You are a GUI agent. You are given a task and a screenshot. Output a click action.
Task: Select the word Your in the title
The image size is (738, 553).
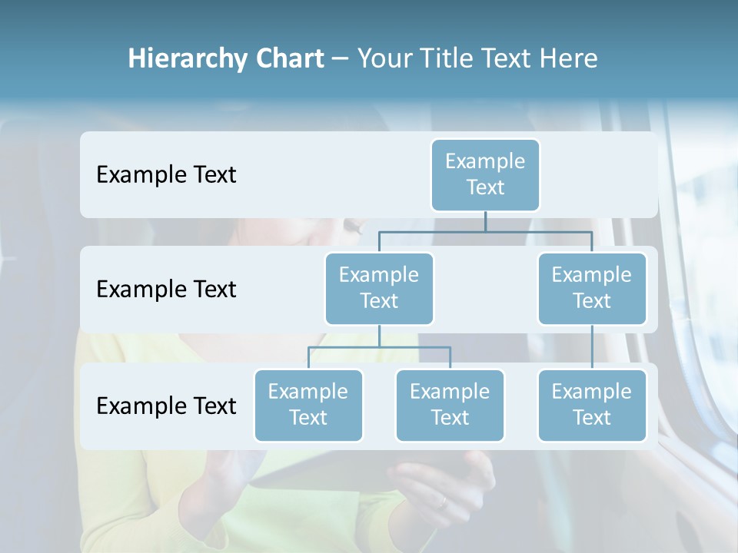click(382, 59)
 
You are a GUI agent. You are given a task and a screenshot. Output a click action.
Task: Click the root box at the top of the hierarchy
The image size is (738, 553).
click(485, 174)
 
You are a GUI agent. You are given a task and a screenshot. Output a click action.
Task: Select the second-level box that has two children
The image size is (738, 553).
click(379, 288)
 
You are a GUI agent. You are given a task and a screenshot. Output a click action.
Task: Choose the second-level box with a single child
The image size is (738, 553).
click(592, 288)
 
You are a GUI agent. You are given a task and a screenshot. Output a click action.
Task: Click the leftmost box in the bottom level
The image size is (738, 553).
click(308, 405)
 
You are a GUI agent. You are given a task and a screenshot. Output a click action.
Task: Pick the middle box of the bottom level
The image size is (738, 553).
click(450, 405)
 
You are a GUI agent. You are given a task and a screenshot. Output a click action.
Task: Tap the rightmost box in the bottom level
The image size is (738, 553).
click(592, 405)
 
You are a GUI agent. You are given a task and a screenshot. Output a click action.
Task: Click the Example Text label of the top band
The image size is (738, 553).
click(166, 175)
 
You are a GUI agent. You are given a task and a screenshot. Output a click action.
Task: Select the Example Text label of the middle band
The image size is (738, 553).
click(166, 290)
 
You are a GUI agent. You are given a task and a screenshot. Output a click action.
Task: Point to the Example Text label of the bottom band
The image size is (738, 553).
click(166, 406)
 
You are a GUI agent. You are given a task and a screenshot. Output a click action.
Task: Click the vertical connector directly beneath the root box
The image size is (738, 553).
click(485, 221)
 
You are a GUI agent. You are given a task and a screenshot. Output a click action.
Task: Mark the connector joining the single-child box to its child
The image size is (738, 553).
click(592, 347)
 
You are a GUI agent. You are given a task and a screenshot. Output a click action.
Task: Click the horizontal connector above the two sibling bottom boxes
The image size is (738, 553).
click(379, 347)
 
